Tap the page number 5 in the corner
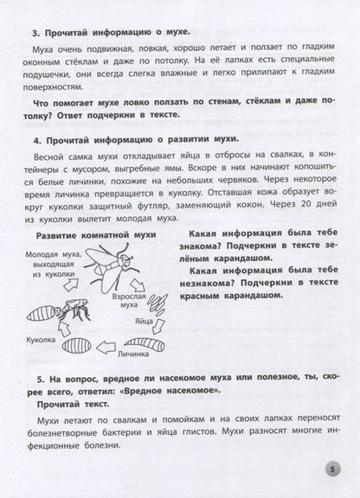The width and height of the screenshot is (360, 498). [x=336, y=469]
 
